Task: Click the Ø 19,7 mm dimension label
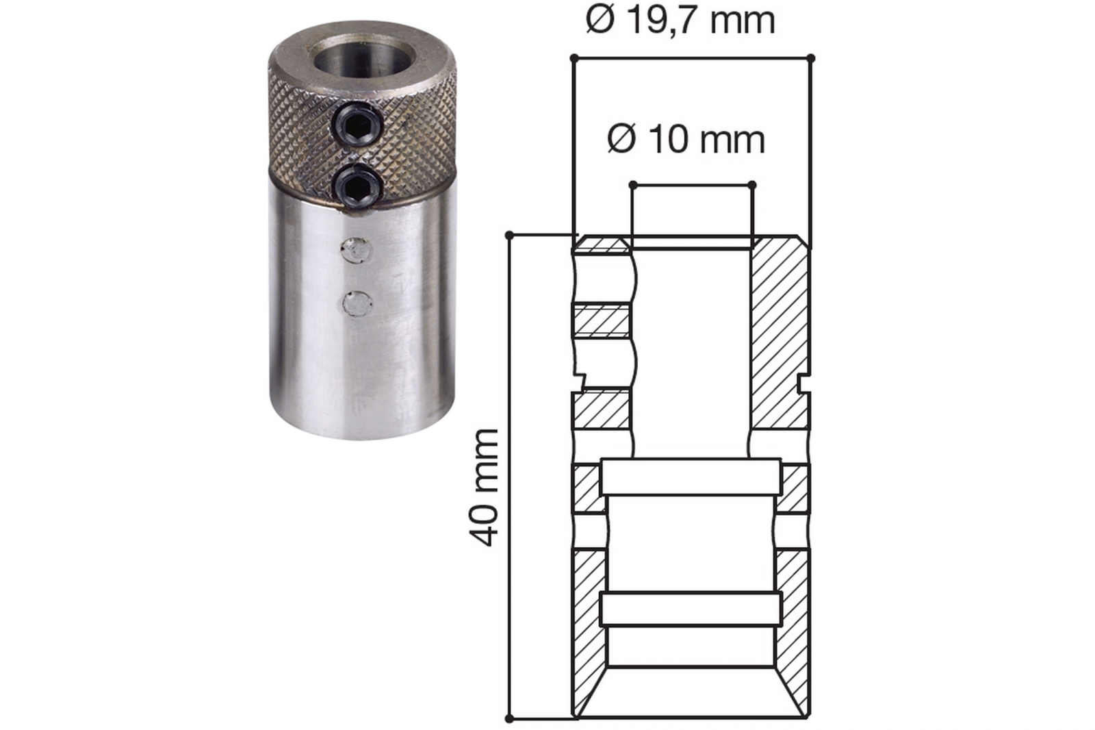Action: pos(680,21)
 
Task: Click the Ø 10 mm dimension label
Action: pos(686,140)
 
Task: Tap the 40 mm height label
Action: pos(484,488)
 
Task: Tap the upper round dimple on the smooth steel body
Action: pos(357,251)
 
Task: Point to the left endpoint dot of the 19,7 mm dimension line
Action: pos(575,58)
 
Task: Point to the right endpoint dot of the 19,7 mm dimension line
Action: pos(810,58)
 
